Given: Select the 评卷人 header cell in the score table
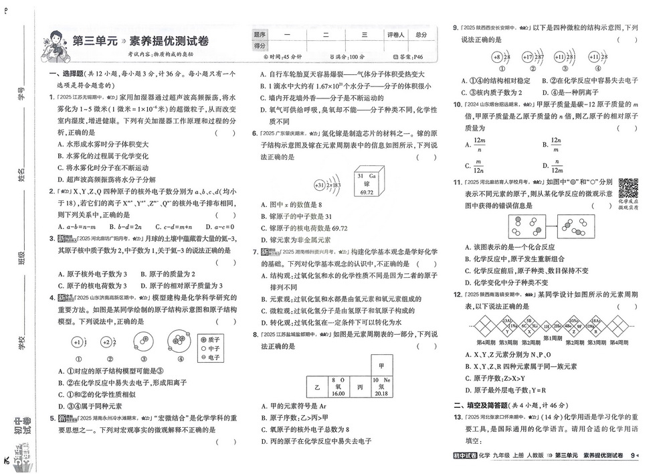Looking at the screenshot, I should pyautogui.click(x=395, y=34).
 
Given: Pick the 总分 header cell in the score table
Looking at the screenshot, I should pyautogui.click(x=421, y=34).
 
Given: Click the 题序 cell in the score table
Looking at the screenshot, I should pyautogui.click(x=260, y=34).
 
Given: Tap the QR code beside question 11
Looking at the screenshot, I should pyautogui.click(x=628, y=188).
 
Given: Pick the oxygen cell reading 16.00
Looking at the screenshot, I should pyautogui.click(x=339, y=387).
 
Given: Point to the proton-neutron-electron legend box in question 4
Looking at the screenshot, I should pyautogui.click(x=212, y=348).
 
